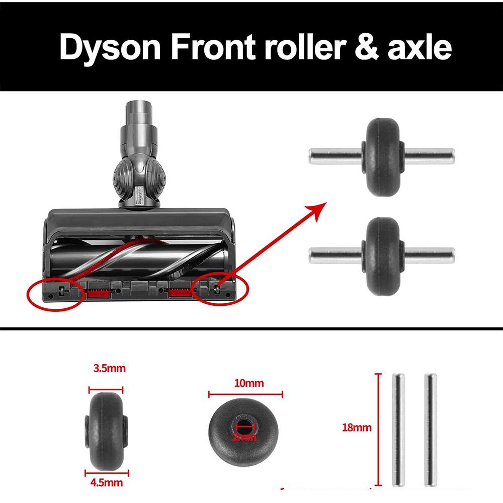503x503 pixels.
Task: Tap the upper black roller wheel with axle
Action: (x=382, y=156)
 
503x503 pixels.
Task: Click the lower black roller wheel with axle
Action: (x=382, y=256)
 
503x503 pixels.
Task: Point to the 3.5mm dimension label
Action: (x=109, y=369)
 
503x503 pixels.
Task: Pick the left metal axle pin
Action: (x=398, y=430)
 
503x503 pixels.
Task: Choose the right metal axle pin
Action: (x=430, y=430)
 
